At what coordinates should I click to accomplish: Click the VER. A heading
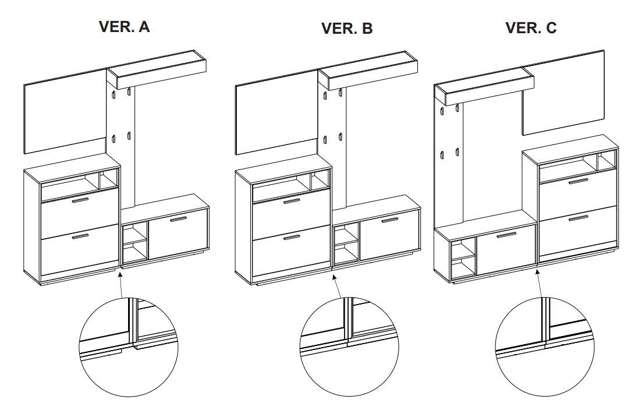pos(124,27)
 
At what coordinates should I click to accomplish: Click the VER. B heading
pos(346,29)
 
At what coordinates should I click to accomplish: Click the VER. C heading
pos(531,27)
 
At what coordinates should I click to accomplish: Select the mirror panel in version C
pos(563,93)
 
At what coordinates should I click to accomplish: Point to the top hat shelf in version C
pos(484,86)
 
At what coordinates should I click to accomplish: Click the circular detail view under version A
pos(128,347)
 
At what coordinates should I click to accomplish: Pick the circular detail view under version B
pos(349,347)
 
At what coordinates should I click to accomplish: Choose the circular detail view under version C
pos(544,347)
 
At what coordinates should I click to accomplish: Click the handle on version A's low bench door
pos(178,220)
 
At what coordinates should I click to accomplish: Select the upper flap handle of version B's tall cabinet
pos(292,202)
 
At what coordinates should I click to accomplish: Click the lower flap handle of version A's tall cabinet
pos(80,236)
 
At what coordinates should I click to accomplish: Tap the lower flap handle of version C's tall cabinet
pos(578,218)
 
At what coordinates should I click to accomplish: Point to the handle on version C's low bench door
pos(506,235)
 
